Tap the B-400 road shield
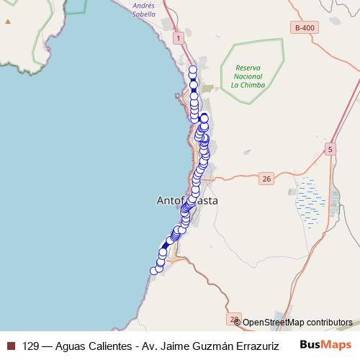pyautogui.click(x=305, y=27)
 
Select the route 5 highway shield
pyautogui.click(x=330, y=149)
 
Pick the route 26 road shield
pyautogui.click(x=266, y=178)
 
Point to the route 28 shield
pyautogui.click(x=233, y=318)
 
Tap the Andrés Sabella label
pyautogui.click(x=144, y=9)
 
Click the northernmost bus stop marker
pyautogui.click(x=192, y=70)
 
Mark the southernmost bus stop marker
pyautogui.click(x=153, y=271)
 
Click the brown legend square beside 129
pyautogui.click(x=10, y=345)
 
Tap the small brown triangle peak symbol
pyautogui.click(x=8, y=22)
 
